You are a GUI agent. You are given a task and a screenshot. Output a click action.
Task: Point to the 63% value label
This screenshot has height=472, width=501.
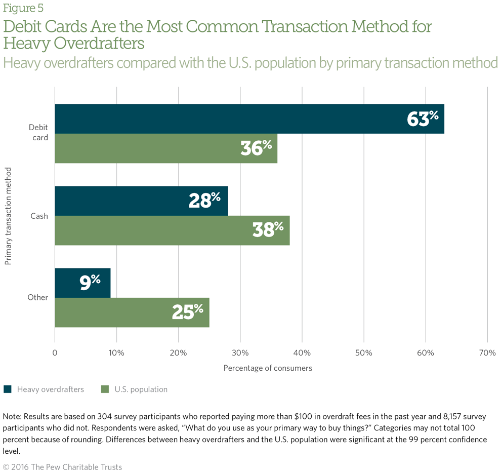tap(423, 119)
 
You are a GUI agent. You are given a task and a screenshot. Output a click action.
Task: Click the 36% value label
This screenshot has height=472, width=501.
tap(256, 148)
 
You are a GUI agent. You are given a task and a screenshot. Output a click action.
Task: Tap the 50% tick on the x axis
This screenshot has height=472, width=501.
tap(364, 353)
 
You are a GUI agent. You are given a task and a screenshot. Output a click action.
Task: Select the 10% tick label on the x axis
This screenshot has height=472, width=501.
tap(116, 353)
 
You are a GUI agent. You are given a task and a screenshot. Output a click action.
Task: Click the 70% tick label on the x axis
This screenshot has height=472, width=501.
tap(487, 353)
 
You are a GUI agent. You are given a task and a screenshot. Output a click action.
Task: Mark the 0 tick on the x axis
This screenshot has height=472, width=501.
tap(55, 353)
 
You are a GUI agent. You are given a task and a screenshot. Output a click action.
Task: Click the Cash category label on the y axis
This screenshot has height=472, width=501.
tap(38, 216)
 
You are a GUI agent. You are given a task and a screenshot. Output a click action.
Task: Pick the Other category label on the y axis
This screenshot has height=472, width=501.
tap(37, 297)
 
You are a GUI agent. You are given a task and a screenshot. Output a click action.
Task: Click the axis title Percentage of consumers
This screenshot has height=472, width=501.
tap(268, 368)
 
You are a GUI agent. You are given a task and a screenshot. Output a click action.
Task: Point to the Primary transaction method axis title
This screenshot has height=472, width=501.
tap(8, 216)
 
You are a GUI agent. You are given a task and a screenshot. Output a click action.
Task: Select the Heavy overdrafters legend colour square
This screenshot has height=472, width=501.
tap(8, 389)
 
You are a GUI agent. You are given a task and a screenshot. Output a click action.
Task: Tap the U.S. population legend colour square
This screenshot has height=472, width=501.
tap(105, 389)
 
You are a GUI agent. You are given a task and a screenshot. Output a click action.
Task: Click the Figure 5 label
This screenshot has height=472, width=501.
tap(23, 8)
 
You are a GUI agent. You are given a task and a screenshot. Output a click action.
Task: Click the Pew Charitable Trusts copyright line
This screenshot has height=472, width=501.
tap(62, 466)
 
